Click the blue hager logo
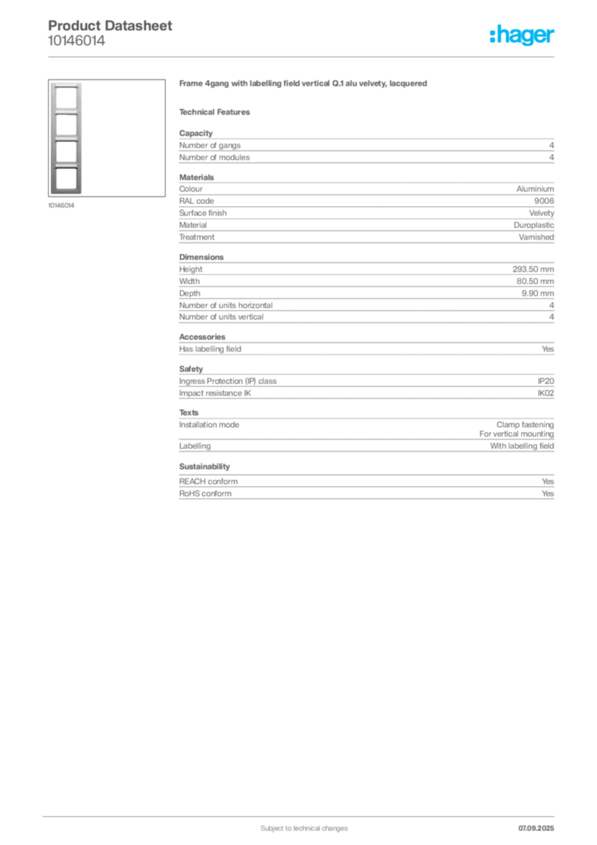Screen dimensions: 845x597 tap(523, 36)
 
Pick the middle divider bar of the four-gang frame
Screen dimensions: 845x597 tap(66, 139)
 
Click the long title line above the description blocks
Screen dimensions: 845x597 tap(303, 86)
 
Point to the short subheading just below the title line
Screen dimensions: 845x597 tap(218, 111)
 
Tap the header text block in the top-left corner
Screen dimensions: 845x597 tap(111, 34)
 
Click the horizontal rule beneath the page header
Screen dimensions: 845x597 tap(303, 56)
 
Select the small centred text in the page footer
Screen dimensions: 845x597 tap(294, 824)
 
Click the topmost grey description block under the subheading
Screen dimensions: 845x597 tap(365, 148)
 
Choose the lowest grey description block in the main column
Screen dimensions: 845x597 tap(365, 484)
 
